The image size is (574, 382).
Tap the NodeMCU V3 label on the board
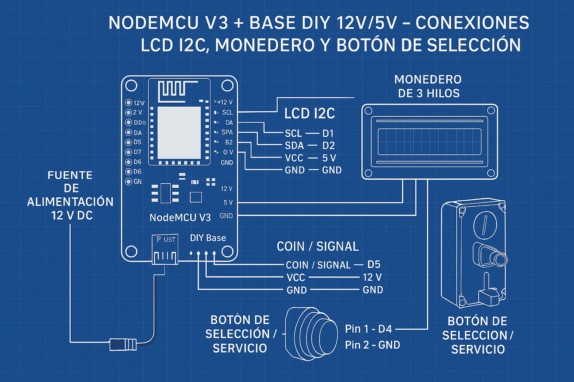tap(180, 217)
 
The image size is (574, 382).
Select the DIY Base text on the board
tap(208, 238)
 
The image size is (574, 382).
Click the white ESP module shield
tap(179, 128)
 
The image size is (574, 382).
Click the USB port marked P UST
tap(165, 249)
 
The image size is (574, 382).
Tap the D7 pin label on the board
tap(138, 152)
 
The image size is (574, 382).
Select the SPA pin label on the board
tap(227, 132)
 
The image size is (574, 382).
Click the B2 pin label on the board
tap(229, 142)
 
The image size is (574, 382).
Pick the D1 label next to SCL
tap(328, 133)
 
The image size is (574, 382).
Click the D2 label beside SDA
tap(328, 145)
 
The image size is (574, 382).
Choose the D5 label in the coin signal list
tap(374, 264)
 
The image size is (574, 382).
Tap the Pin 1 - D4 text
tap(368, 329)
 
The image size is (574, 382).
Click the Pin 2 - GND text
tap(372, 345)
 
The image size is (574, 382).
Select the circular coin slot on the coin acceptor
tap(485, 224)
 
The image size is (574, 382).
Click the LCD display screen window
tap(429, 142)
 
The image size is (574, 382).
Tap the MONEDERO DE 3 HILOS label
tap(428, 86)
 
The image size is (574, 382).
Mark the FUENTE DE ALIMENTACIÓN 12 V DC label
tap(70, 195)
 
